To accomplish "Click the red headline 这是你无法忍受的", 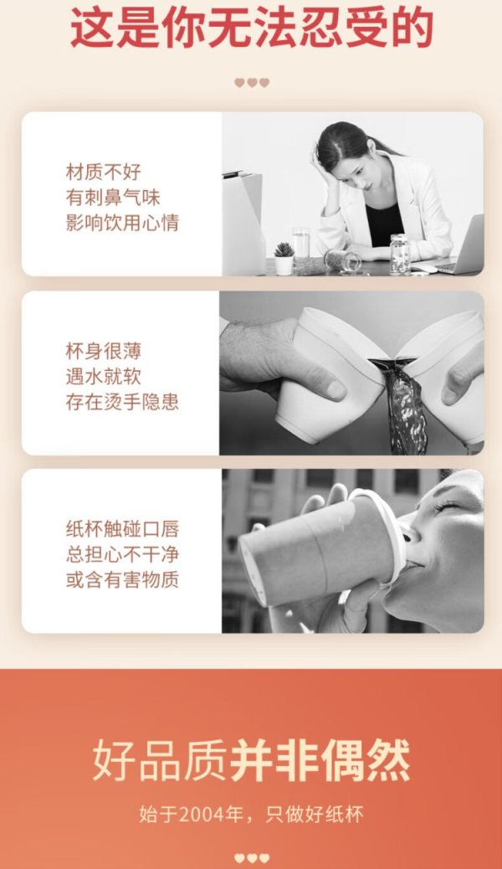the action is coord(251,28).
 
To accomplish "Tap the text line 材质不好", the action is coord(104,172).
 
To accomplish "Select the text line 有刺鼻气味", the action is coord(113,198).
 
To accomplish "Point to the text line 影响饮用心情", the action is coord(122,223).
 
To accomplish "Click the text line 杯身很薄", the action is coord(104,351).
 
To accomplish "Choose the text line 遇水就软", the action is coord(104,377).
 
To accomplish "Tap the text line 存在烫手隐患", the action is coord(122,403).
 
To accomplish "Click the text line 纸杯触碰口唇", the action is coord(122,529).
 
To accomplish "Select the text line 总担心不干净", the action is coord(122,555).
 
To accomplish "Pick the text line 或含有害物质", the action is coord(122,580).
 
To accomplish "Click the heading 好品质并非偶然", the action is coord(251,760).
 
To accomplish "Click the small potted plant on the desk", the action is coord(284,258).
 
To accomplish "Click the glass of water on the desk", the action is coord(301,244).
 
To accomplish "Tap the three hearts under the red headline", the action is coord(252,83).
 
